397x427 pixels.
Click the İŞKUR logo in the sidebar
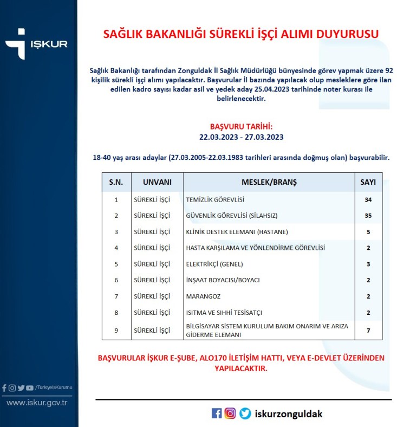(36, 43)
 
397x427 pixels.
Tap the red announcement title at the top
(240, 34)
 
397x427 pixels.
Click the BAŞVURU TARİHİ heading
(241, 126)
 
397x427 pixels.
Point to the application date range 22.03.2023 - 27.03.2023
(241, 137)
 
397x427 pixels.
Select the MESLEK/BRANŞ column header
(269, 182)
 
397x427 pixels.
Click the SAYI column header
(368, 182)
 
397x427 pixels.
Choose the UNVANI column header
(157, 182)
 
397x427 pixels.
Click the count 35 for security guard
(368, 215)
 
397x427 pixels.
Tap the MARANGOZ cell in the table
(203, 296)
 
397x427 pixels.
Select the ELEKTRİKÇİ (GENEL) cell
(214, 264)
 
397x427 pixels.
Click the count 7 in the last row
(368, 330)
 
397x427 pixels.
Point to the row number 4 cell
(116, 248)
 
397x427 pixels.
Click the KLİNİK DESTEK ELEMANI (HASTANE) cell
(237, 232)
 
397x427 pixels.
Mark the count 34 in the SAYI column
(368, 199)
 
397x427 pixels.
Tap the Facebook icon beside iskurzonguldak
(217, 413)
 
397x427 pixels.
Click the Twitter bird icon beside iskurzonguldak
(245, 413)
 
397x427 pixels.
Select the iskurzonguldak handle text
(288, 413)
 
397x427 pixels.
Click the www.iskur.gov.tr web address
(37, 402)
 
